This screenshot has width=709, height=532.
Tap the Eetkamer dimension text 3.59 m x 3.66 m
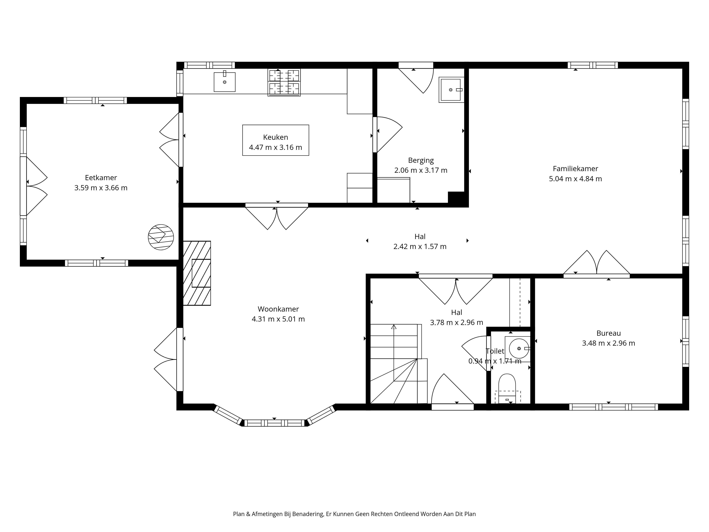(x=101, y=188)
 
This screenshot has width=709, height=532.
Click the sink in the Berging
(x=451, y=90)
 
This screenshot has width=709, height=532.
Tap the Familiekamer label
(x=575, y=169)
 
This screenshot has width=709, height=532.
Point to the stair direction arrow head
(x=394, y=327)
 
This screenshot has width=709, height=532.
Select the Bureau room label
(x=608, y=333)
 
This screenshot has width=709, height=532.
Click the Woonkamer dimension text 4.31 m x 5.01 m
(x=278, y=319)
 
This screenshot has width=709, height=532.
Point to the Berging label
(x=421, y=160)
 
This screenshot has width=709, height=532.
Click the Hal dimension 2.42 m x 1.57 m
(x=420, y=247)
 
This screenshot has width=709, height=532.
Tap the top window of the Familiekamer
(x=593, y=65)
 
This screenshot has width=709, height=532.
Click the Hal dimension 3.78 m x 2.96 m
(x=456, y=323)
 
